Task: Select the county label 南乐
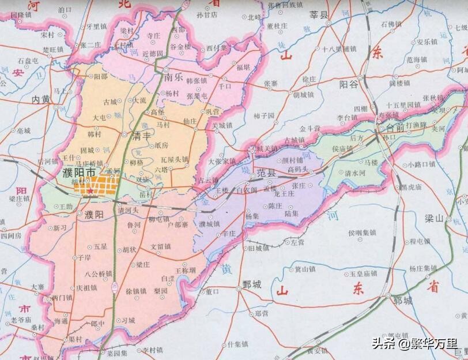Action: click(173, 76)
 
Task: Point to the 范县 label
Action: click(267, 172)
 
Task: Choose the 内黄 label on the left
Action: click(41, 99)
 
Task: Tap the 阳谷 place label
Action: click(349, 84)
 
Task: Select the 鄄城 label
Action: click(252, 284)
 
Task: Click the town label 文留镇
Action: click(161, 246)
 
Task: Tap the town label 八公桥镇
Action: click(98, 273)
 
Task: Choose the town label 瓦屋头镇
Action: click(174, 159)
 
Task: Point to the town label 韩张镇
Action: click(197, 80)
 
